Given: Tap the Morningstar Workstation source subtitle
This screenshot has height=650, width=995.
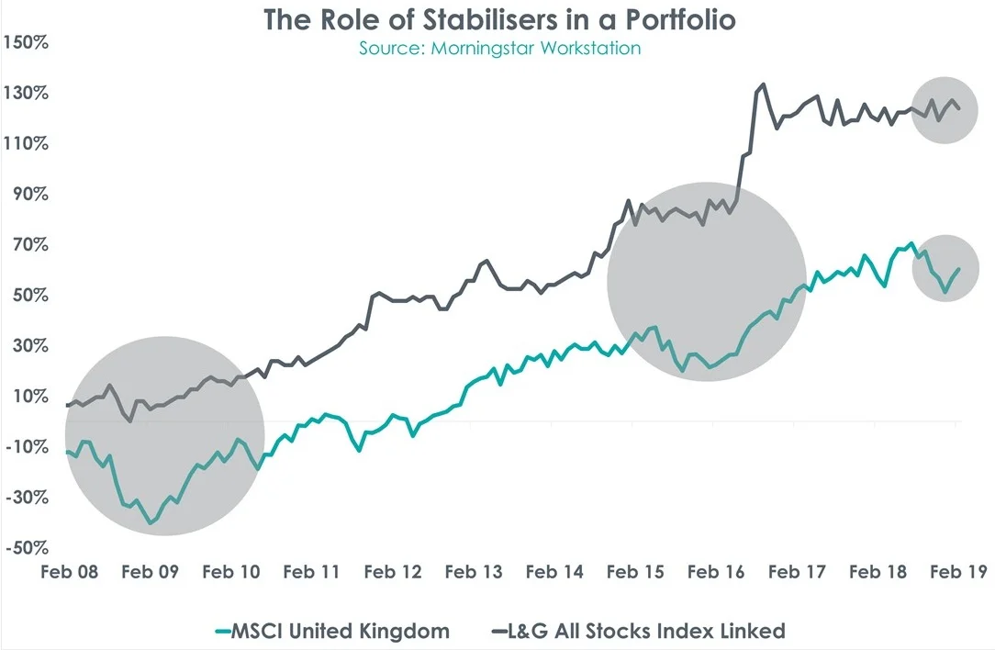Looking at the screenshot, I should tap(499, 48).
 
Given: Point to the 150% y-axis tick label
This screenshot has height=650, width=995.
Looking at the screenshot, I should tap(27, 42).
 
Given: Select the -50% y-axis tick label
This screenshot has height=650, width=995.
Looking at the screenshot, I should tap(27, 548).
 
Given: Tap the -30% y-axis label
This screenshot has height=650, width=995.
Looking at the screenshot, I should tap(27, 498).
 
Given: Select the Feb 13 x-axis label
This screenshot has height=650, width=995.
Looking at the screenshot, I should tap(474, 572).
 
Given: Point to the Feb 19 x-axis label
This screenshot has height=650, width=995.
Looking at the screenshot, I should tap(957, 572).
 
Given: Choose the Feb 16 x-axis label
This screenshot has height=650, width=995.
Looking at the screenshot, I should tap(715, 572).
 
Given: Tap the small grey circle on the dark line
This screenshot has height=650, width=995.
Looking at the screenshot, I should tap(945, 109).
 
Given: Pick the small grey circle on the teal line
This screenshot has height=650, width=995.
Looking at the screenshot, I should tap(945, 268).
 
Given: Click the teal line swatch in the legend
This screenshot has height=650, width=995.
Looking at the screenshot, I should tap(220, 631).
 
